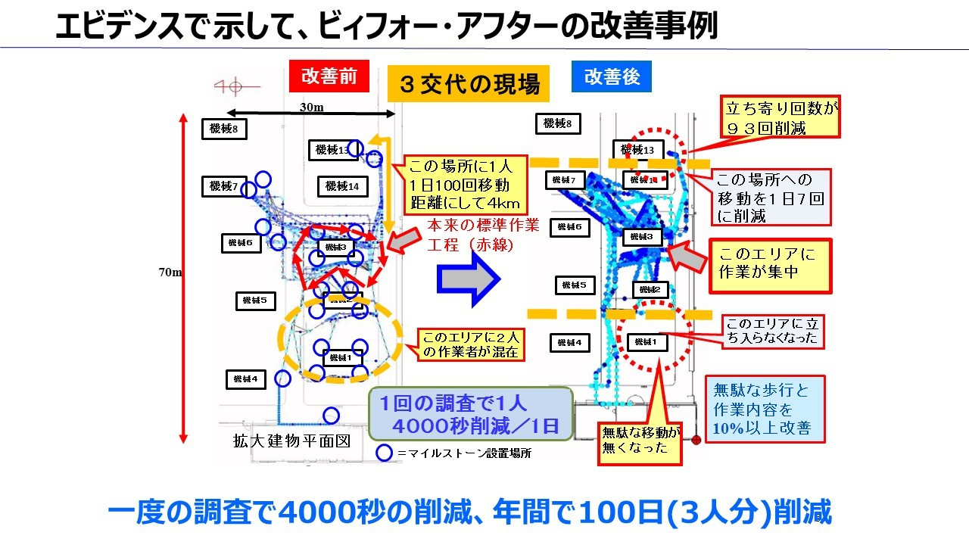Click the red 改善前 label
pos(329,76)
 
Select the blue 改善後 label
pos(611,76)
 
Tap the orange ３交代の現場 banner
pos(469,84)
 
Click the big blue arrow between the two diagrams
pos(469,279)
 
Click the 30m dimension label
pos(311,107)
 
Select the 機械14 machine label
pos(342,185)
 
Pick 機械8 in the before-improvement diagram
pos(224,129)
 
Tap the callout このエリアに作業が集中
pos(768,266)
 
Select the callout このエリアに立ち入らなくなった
pos(771,331)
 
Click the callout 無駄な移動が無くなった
pos(640,440)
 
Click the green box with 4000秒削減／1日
pos(470,413)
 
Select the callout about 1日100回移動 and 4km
pos(464,184)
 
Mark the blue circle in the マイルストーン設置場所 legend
pos(385,453)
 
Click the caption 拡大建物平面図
pos(291,441)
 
